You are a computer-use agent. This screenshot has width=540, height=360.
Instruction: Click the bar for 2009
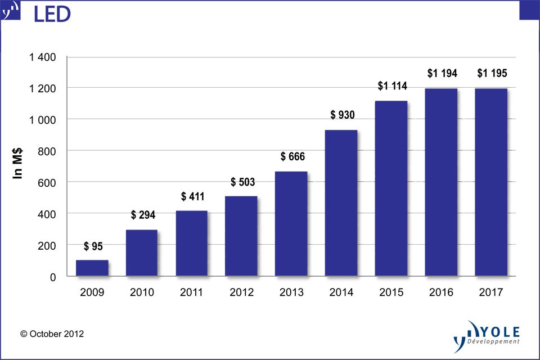coord(92,268)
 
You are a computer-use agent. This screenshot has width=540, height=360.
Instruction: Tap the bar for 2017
coord(491,182)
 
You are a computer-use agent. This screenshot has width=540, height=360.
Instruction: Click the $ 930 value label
coord(343,115)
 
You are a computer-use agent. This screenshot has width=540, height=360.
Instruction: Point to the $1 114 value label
coord(392,86)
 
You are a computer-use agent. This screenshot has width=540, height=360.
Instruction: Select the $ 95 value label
coord(93,246)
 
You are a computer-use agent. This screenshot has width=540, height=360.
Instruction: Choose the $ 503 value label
coord(242,182)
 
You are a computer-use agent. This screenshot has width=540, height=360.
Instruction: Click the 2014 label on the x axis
coord(341,292)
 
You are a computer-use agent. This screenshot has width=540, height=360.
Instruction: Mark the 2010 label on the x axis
coord(142,292)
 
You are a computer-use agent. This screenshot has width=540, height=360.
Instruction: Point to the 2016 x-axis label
coord(442,292)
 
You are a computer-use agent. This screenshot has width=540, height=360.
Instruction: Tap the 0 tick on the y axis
coord(54,277)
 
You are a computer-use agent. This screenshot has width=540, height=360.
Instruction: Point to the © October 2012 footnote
coord(52,334)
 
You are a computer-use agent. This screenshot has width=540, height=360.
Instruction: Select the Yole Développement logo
coord(487,336)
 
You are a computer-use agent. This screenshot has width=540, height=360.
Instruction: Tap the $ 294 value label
coord(143,215)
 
